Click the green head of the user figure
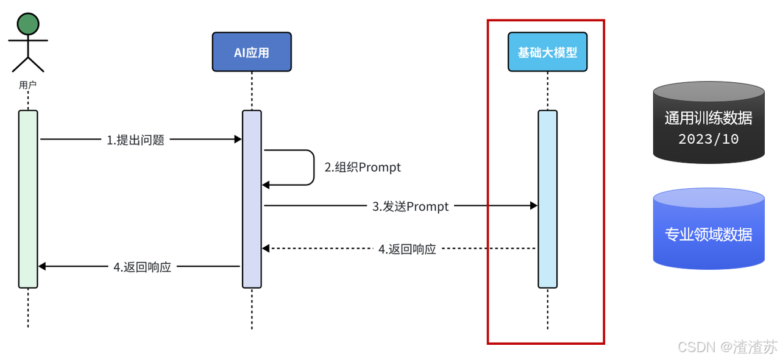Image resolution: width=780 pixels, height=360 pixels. [x=28, y=24]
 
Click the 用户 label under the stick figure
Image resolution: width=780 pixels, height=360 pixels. [x=28, y=85]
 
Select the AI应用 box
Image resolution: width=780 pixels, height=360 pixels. [x=252, y=52]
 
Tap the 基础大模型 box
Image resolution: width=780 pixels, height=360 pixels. [x=547, y=52]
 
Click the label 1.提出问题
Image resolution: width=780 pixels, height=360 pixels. [x=135, y=140]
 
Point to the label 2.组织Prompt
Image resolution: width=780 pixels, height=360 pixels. [x=363, y=168]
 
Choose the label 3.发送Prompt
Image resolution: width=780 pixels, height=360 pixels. [x=411, y=206]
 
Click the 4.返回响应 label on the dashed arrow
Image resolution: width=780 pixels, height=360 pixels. [x=407, y=249]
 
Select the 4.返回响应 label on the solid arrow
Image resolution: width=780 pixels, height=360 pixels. [x=143, y=267]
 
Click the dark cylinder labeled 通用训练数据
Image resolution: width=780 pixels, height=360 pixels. [x=709, y=122]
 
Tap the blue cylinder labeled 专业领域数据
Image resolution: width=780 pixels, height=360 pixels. [x=709, y=229]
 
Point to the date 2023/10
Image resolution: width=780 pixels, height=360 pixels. [x=709, y=139]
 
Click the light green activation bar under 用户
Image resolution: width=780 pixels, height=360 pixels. [x=28, y=199]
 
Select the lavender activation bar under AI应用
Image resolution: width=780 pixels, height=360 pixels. [x=252, y=199]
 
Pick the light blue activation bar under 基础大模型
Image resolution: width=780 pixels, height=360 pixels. [x=547, y=199]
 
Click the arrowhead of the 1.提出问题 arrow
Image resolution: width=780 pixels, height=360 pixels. [x=238, y=139]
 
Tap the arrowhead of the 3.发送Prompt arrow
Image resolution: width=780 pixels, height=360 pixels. [x=534, y=206]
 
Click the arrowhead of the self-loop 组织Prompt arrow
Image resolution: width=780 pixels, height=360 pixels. [x=266, y=185]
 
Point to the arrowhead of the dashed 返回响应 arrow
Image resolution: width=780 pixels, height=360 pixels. [x=266, y=249]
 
